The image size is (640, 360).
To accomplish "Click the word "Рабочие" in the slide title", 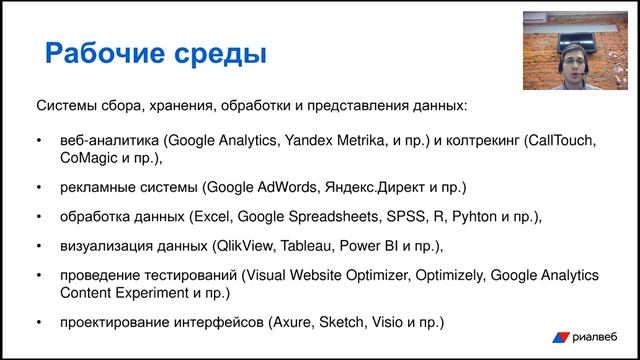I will click(104, 51).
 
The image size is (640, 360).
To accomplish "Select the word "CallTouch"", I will click(561, 141).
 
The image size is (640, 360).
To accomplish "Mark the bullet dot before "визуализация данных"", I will click(39, 246).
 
